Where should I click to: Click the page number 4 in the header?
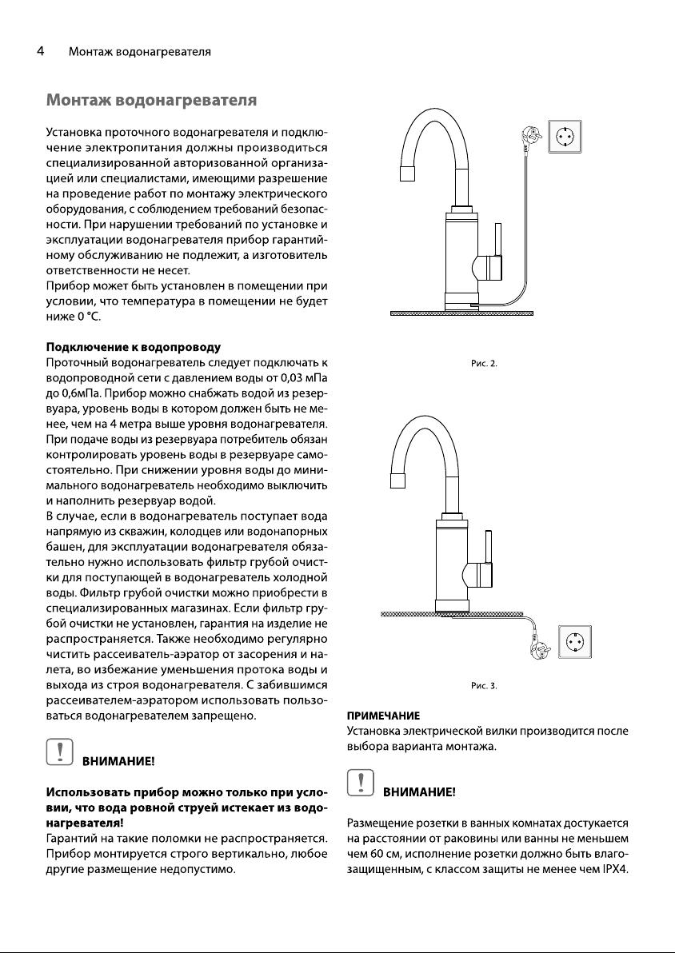(x=39, y=52)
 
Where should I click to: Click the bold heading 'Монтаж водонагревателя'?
(x=151, y=101)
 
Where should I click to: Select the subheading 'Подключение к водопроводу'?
(x=134, y=347)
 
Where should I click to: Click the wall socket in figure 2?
(x=564, y=136)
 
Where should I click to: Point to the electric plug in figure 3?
(x=541, y=649)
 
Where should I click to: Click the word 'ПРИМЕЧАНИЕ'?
(x=382, y=715)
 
